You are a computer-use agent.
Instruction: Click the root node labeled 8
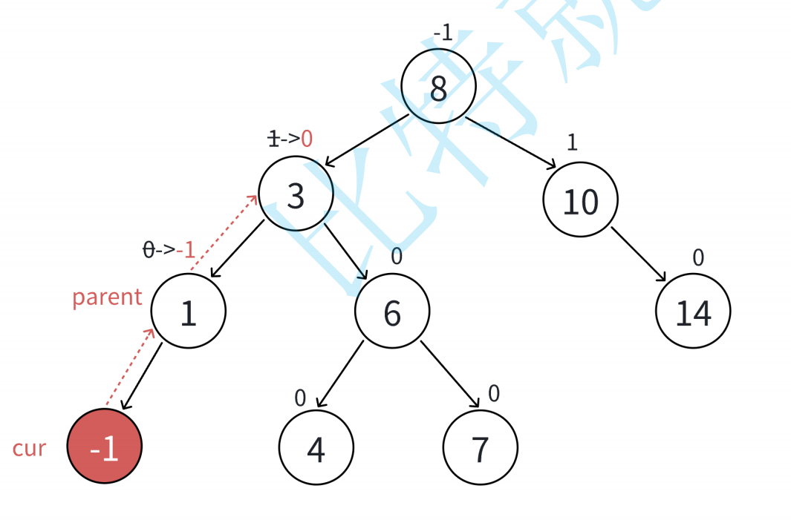[438, 86]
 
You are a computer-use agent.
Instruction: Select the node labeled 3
[296, 194]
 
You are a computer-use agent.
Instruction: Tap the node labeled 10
[580, 200]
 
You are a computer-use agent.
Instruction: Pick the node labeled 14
[693, 311]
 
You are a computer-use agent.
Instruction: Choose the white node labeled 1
[188, 311]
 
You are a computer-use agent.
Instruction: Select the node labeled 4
[316, 447]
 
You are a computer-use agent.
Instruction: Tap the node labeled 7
[480, 447]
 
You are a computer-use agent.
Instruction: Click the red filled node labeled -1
[105, 446]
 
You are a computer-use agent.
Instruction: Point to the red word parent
[107, 297]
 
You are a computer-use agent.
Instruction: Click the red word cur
[29, 448]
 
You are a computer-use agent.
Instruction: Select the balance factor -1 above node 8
[443, 33]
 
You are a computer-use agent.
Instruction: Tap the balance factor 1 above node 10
[572, 142]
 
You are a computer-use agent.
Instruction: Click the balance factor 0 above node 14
[698, 257]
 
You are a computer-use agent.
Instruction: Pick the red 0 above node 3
[307, 138]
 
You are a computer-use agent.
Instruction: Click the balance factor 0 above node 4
[300, 398]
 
